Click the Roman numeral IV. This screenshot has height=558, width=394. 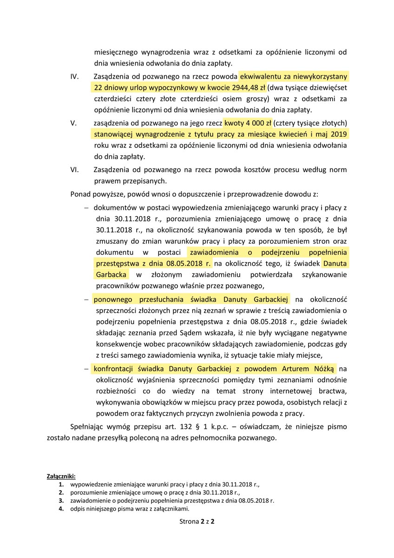click(x=74, y=76)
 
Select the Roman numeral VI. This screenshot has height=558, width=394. click(x=75, y=170)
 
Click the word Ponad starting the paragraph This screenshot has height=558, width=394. click(x=80, y=193)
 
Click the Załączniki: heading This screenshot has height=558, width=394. click(x=61, y=476)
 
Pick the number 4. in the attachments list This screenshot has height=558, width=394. click(x=61, y=508)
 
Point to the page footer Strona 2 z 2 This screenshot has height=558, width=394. click(x=197, y=521)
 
